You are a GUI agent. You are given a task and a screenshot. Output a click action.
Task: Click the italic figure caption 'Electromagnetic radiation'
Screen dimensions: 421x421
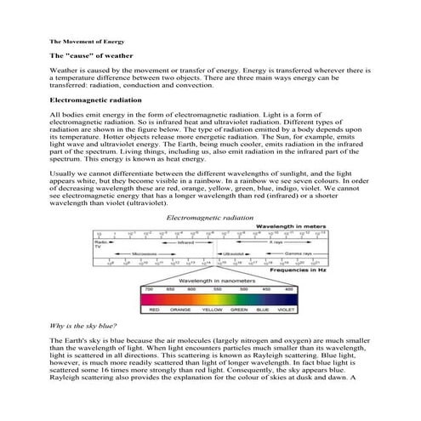210,219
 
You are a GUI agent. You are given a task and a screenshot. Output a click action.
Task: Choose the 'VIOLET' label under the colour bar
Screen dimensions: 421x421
289,310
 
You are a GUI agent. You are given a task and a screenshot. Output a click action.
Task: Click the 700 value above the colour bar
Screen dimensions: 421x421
149,289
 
